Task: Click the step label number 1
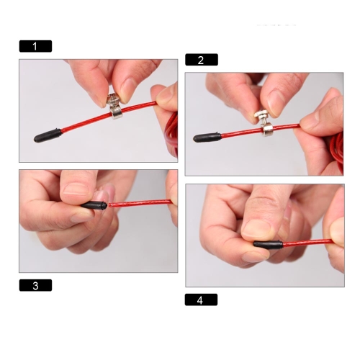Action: pyautogui.click(x=35, y=46)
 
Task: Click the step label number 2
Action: pyautogui.click(x=202, y=60)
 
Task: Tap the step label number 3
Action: pyautogui.click(x=35, y=285)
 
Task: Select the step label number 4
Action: pyautogui.click(x=201, y=300)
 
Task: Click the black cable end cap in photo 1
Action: pyautogui.click(x=48, y=135)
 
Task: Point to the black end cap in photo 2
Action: pyautogui.click(x=207, y=138)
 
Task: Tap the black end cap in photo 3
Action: pyautogui.click(x=94, y=206)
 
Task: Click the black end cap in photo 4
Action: pyautogui.click(x=268, y=245)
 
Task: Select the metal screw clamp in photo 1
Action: pyautogui.click(x=114, y=106)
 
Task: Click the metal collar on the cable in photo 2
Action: pyautogui.click(x=267, y=130)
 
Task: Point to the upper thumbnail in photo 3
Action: pyautogui.click(x=76, y=189)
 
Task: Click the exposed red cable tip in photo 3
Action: pyautogui.click(x=111, y=205)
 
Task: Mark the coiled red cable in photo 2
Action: pyautogui.click(x=337, y=150)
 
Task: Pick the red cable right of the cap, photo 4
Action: pyautogui.click(x=308, y=243)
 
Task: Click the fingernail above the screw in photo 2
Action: pyautogui.click(x=276, y=102)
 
